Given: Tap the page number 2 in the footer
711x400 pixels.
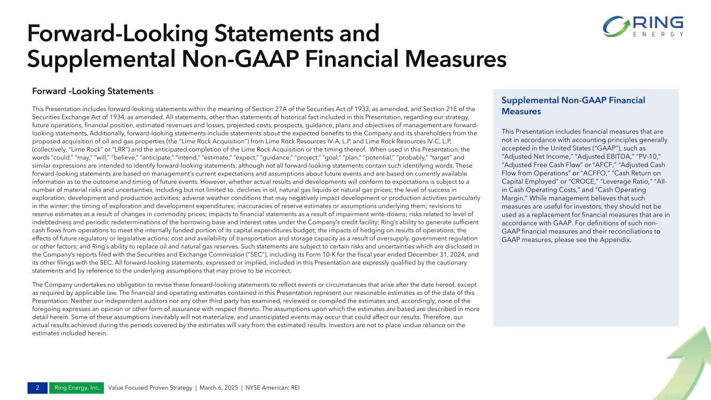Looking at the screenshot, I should (x=38, y=388).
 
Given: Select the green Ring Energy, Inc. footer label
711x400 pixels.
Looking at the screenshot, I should (x=76, y=388).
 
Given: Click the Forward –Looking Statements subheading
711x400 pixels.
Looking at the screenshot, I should (x=93, y=91).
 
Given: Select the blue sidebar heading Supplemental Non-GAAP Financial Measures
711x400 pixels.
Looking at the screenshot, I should (x=573, y=106).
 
